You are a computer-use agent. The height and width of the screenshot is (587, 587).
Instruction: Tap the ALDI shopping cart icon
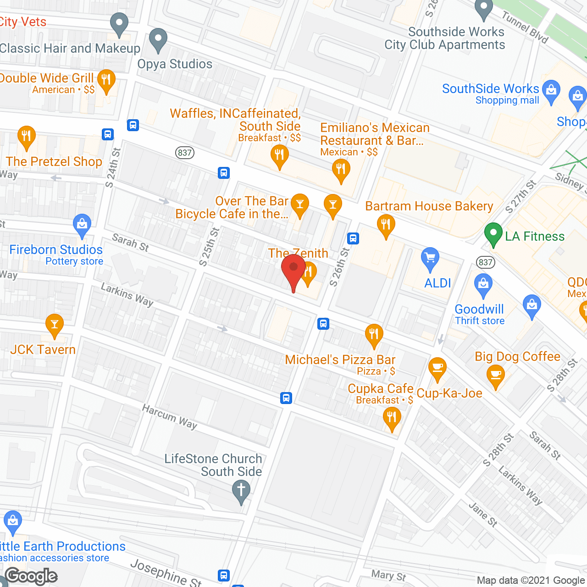430,259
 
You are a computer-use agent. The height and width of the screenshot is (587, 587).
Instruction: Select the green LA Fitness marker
493,233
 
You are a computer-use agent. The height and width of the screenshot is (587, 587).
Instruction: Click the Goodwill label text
479,309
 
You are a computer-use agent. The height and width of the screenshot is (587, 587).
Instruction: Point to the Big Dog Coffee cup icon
495,376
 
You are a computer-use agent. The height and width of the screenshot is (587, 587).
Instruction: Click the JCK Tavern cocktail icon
55,324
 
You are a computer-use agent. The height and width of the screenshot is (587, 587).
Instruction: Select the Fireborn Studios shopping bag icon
82,225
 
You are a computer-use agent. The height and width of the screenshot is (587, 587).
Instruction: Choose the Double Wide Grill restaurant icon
106,80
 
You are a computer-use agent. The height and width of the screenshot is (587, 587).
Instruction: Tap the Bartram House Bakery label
429,206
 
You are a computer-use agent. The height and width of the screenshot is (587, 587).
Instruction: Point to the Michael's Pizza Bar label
340,360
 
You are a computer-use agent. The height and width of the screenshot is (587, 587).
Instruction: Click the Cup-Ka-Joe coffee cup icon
437,368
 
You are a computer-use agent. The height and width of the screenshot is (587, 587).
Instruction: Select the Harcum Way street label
170,416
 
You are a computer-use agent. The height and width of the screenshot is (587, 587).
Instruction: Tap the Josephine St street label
166,573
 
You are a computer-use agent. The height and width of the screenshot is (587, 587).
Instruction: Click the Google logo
31,576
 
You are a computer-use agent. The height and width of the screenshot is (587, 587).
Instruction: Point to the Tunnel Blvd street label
525,28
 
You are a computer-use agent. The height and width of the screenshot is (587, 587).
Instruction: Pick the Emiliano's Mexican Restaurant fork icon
341,170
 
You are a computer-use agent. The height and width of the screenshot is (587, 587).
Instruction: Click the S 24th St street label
113,167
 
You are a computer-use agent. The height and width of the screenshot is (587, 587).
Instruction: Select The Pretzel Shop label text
54,161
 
